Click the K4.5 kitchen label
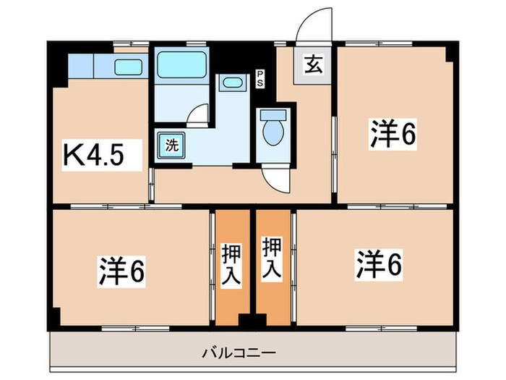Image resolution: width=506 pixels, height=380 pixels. (98, 154)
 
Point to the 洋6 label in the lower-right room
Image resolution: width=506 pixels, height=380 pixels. (377, 263)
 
